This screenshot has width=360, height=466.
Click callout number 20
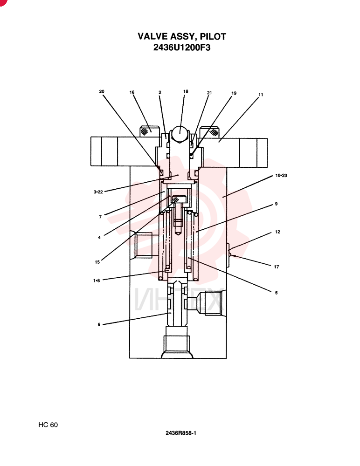[x=102, y=91]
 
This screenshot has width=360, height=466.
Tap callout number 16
[x=132, y=92]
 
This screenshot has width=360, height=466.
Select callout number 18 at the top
[x=186, y=91]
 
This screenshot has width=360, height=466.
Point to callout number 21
[x=209, y=93]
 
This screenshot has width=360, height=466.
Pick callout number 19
[x=234, y=93]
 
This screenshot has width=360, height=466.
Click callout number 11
[x=261, y=95]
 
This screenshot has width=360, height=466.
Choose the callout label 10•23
[x=281, y=175]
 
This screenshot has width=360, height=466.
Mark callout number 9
[x=276, y=204]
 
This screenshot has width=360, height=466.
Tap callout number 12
[x=277, y=232]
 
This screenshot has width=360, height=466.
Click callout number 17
[x=277, y=267]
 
